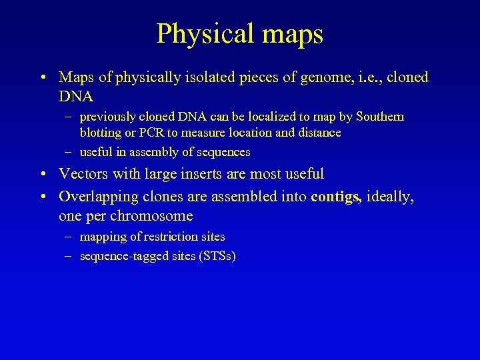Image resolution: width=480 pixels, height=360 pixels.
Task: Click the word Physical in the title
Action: pos(197,35)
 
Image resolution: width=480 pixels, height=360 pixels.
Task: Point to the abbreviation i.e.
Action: pos(357,77)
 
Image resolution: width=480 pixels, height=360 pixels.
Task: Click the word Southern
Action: pos(379,117)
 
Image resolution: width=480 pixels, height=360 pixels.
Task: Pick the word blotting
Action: pos(101,133)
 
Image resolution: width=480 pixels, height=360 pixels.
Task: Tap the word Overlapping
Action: pos(97,197)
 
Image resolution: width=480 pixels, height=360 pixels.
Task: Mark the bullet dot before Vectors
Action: pos(42,175)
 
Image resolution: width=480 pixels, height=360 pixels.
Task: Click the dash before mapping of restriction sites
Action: pos(69,237)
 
